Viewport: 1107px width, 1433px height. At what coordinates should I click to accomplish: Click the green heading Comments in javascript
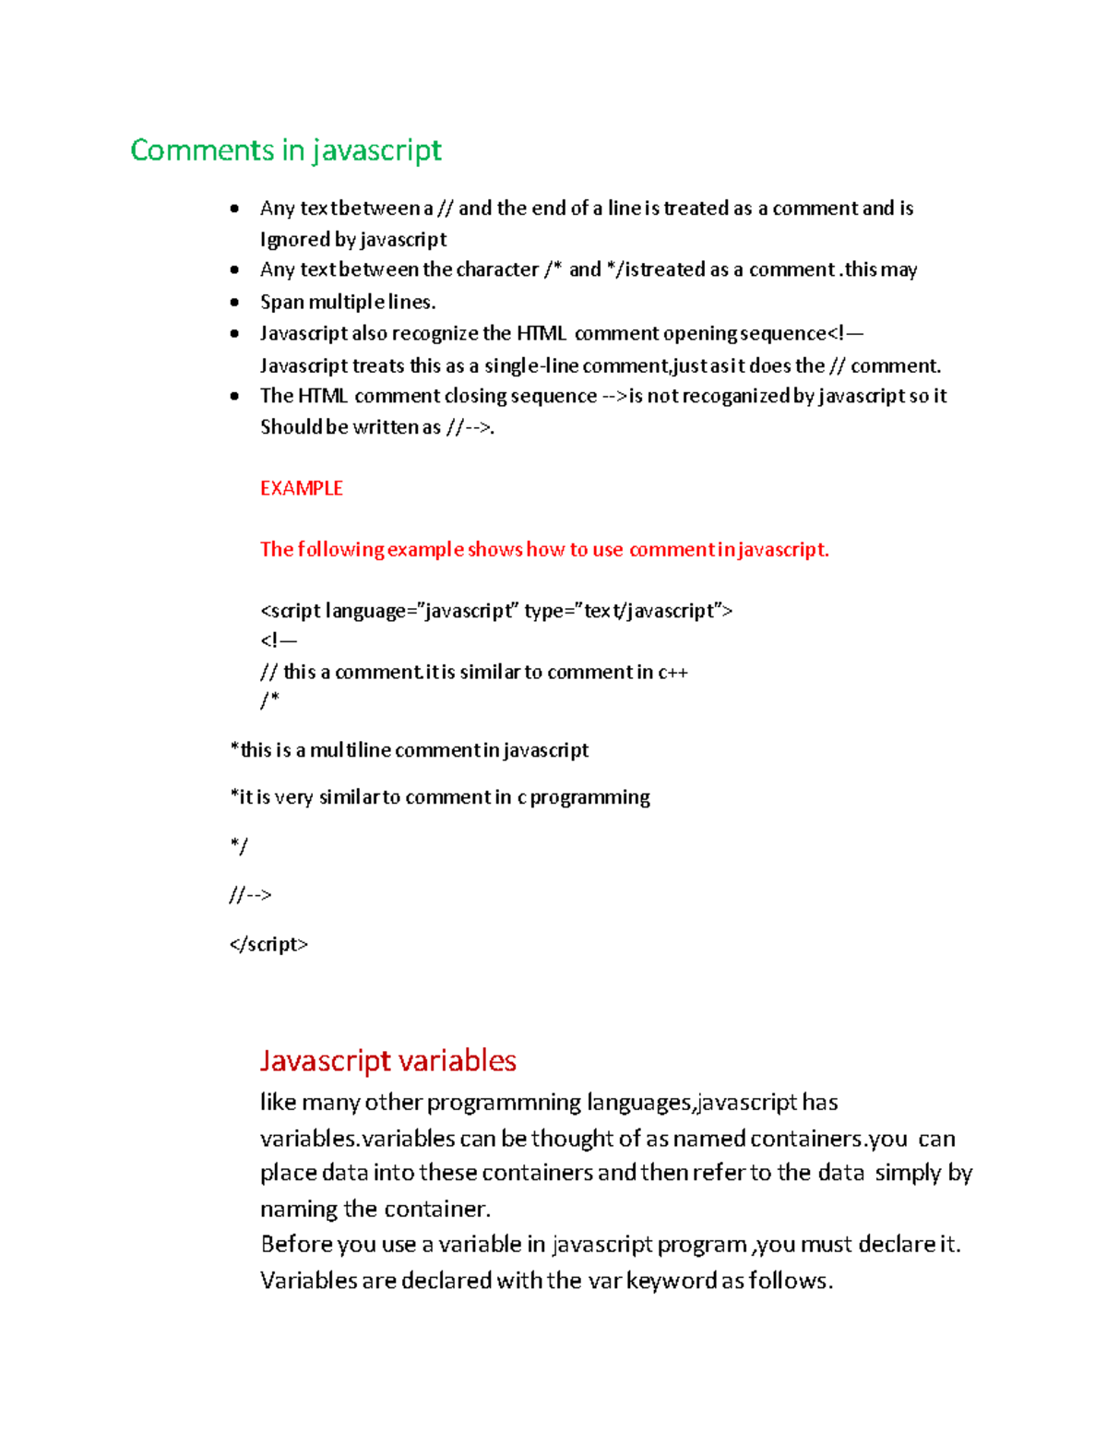tap(285, 150)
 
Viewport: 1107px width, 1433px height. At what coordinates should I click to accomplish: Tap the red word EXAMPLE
tap(301, 488)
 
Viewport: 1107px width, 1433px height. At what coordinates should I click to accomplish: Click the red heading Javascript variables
tap(387, 1060)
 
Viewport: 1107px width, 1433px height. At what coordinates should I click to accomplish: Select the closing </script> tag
tap(268, 944)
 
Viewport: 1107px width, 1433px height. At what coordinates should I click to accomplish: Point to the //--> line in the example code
tap(250, 894)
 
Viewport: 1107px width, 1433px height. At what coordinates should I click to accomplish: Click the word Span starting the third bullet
tap(281, 302)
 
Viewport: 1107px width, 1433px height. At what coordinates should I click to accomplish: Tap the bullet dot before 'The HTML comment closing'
tap(235, 396)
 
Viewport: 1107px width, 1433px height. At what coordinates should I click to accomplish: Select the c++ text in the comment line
tap(673, 672)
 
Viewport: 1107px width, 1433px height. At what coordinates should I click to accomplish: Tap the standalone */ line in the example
tap(238, 845)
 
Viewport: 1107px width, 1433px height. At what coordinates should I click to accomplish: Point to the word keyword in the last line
tap(672, 1281)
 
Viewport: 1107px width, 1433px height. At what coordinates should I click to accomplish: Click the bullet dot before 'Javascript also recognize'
tap(235, 333)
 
